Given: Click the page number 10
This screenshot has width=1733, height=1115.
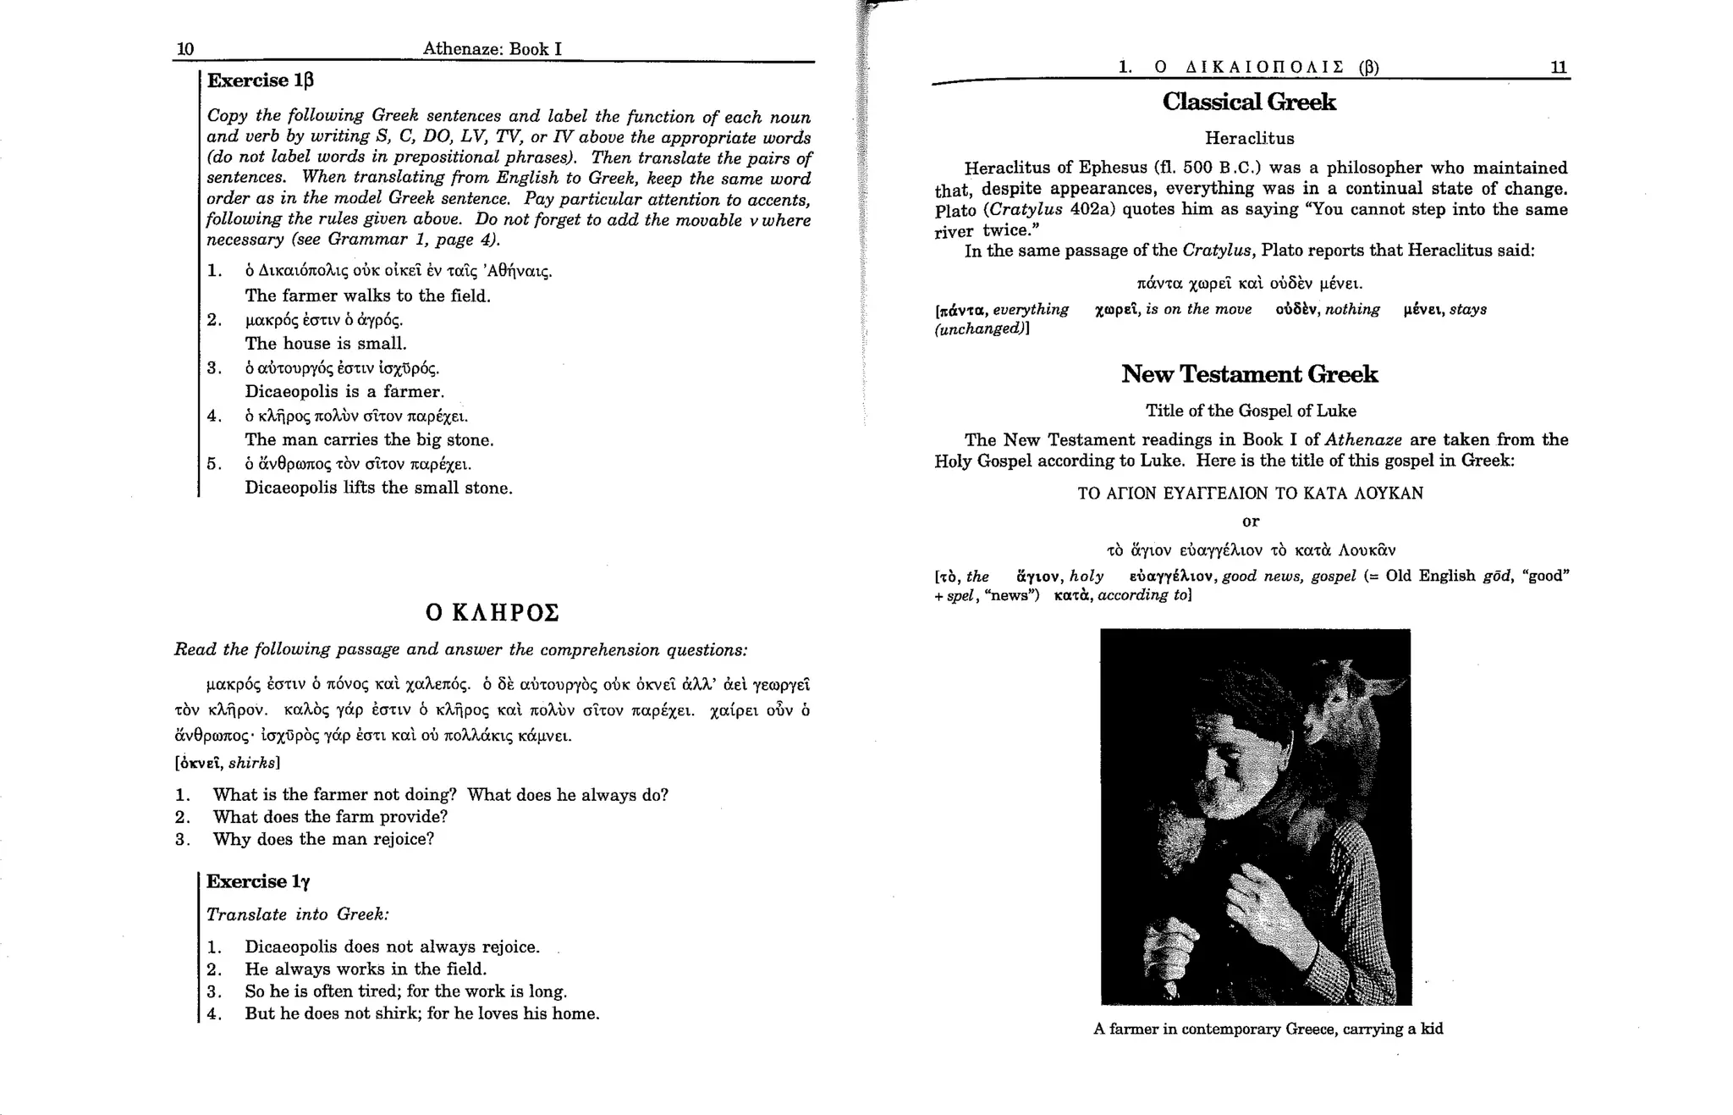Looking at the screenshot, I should point(184,49).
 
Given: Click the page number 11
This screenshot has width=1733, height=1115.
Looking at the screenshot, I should point(1559,67).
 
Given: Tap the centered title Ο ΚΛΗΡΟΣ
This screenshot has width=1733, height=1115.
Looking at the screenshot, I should point(492,612).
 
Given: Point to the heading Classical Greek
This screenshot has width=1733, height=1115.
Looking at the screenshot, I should point(1249,102).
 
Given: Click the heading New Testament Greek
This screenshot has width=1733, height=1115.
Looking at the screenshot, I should point(1250,374).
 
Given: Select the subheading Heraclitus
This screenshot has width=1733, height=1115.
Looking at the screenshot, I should point(1249,138).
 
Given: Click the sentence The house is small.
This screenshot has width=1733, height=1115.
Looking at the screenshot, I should point(326,344).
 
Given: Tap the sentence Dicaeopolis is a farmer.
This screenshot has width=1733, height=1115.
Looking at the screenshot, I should point(344,392).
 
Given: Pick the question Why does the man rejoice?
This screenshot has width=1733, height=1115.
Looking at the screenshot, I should point(323,839).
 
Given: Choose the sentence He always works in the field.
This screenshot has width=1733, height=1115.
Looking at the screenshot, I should point(366,969).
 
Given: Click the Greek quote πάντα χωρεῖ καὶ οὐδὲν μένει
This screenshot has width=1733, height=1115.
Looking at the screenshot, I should point(1250,283).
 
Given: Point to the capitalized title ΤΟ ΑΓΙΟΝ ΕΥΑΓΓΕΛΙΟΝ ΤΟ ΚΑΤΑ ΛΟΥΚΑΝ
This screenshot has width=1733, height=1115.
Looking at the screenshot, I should point(1250,494).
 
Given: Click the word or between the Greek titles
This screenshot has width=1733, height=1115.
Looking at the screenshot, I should point(1250,522).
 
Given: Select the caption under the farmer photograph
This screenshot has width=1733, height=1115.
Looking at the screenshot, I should point(1268,1029).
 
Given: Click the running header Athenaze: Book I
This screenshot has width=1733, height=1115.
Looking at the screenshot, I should point(492,49).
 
